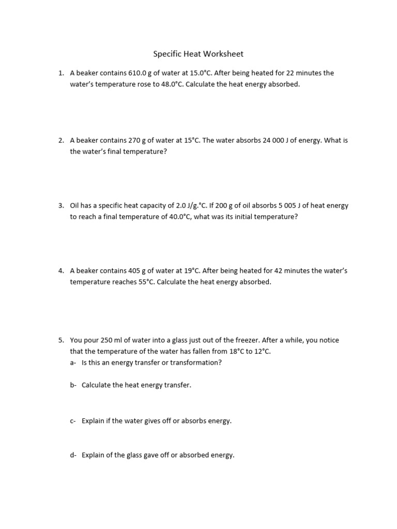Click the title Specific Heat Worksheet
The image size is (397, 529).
click(x=198, y=54)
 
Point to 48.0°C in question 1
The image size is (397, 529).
click(x=170, y=84)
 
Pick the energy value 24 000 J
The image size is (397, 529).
click(x=278, y=141)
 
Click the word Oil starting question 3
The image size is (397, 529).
click(x=75, y=206)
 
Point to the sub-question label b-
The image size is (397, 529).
click(x=73, y=385)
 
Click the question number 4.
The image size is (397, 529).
click(x=60, y=271)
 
